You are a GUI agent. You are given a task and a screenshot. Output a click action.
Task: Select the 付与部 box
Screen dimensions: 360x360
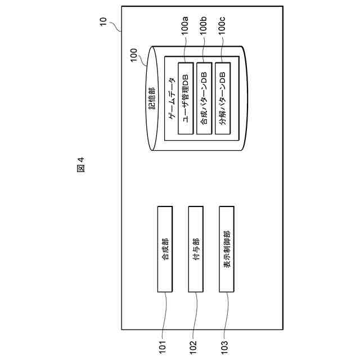[x=196, y=249]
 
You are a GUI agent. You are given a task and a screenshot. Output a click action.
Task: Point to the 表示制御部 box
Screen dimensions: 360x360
[x=226, y=249]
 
